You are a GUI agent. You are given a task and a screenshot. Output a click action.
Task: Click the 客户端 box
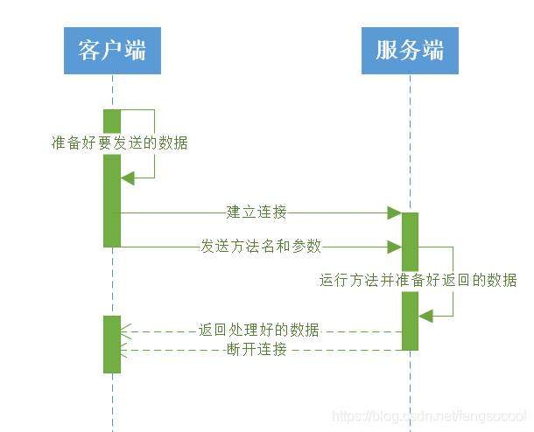tap(112, 50)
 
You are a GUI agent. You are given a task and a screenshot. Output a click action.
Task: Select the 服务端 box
tap(410, 50)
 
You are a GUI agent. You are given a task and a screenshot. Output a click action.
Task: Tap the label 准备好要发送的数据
tap(119, 143)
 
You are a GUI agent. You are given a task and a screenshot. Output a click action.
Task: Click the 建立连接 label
tap(256, 212)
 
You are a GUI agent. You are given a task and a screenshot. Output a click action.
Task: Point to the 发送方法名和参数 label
tap(262, 247)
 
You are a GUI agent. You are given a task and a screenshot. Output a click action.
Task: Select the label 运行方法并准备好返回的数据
tap(418, 281)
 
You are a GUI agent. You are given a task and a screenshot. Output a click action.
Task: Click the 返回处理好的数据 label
tap(259, 331)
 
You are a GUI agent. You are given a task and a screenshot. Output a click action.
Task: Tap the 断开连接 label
tap(256, 350)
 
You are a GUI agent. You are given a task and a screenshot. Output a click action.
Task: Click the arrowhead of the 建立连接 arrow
tap(395, 213)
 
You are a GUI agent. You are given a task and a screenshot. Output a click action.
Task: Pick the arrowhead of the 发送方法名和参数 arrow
tap(395, 247)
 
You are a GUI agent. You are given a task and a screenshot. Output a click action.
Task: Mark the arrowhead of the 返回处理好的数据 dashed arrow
tap(126, 331)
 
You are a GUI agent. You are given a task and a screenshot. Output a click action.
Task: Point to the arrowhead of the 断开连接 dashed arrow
tap(126, 350)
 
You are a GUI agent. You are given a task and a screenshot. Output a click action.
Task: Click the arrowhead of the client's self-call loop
tap(127, 178)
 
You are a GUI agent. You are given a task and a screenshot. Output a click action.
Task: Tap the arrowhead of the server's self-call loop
tap(425, 316)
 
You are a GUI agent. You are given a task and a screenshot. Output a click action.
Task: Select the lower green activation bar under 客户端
tap(112, 344)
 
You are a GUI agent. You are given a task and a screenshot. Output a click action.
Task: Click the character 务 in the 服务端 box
tap(410, 50)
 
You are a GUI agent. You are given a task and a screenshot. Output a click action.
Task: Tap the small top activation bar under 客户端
tap(112, 121)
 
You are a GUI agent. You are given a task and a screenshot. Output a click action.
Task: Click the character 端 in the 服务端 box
tap(432, 50)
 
